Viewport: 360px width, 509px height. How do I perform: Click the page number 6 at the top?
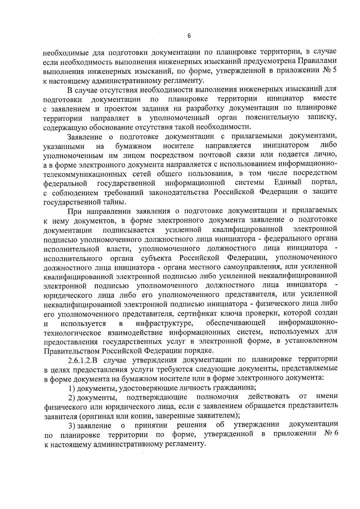(189, 36)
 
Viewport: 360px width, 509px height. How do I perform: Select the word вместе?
(325, 98)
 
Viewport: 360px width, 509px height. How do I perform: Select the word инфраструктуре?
(164, 323)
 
